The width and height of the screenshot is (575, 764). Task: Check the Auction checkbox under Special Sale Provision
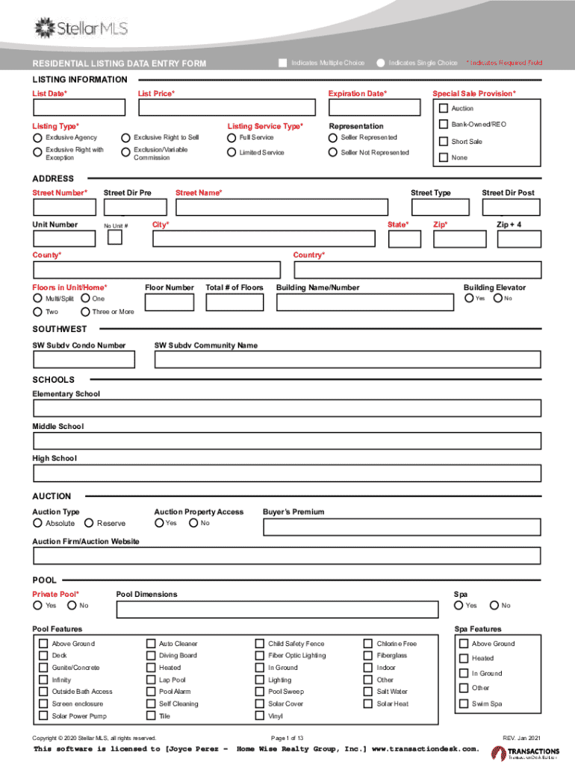click(443, 109)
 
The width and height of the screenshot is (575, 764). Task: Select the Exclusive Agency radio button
click(37, 138)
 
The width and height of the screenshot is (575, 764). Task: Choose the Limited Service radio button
click(231, 153)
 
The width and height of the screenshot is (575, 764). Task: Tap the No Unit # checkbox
click(115, 237)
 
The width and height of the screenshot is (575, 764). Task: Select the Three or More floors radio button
click(85, 312)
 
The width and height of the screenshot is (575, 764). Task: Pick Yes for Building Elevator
click(469, 298)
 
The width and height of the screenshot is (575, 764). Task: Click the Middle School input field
click(287, 440)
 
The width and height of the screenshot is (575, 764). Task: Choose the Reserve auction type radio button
click(90, 524)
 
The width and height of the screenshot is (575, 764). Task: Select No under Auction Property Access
click(193, 523)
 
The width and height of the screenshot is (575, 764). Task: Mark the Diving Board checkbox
click(151, 656)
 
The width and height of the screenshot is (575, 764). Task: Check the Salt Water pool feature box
click(368, 692)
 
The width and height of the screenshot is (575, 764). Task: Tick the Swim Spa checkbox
click(463, 704)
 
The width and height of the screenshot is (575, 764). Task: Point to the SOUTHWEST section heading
click(60, 329)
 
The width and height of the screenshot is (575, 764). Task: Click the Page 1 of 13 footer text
click(287, 738)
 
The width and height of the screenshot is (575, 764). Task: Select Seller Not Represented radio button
click(333, 153)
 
